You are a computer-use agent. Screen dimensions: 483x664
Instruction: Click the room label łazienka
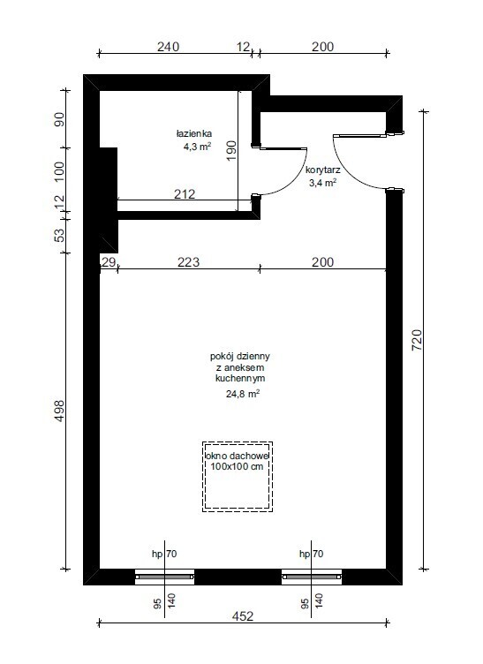point(194,134)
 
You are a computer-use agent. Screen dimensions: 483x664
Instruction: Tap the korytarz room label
point(323,170)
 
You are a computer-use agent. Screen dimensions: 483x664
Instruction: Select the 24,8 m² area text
point(243,394)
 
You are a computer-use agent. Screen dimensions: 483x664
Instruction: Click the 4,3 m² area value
point(197,147)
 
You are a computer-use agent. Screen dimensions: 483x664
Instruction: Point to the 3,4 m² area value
point(322,183)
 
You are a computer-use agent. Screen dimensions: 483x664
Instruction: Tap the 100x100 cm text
point(237,467)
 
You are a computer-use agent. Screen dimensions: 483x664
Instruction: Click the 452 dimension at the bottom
point(243,616)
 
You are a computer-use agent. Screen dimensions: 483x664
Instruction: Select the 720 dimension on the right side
point(417,340)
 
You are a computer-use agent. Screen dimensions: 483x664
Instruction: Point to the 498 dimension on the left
point(59,411)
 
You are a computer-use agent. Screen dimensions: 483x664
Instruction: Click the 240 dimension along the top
point(168,47)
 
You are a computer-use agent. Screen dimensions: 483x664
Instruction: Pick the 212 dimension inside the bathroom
point(185,194)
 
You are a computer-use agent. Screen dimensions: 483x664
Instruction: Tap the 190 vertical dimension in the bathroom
point(231,151)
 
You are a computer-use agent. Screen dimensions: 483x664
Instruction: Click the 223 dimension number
point(188,262)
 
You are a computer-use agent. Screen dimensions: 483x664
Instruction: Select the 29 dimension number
point(109,262)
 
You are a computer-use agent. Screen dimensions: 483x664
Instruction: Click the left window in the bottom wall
point(164,577)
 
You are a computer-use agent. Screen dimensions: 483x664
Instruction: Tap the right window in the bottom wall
point(312,577)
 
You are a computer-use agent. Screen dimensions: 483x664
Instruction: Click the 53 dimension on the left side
point(60,235)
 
